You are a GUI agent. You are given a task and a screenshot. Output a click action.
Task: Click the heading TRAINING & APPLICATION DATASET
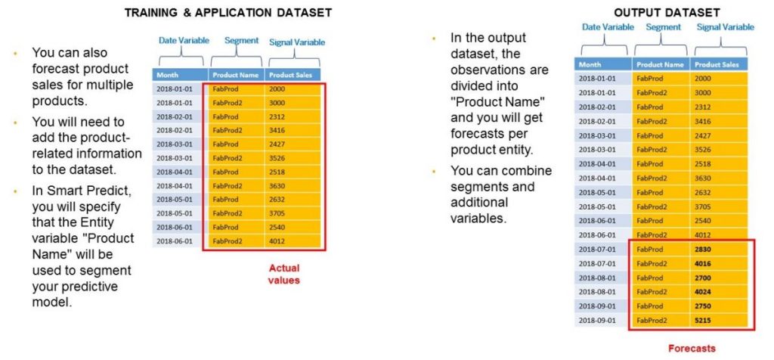coord(228,12)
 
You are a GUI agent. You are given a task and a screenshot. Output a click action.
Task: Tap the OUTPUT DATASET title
coord(667,12)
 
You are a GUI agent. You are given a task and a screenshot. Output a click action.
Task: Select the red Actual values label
coord(284,274)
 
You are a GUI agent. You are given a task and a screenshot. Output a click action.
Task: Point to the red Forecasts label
coord(692,348)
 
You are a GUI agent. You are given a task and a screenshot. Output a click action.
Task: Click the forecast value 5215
coord(703,320)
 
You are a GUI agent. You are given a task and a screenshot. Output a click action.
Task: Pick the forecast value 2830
coord(703,250)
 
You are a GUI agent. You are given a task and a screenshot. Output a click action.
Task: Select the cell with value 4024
coord(703,292)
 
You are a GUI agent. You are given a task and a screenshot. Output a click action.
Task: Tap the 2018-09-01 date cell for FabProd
coord(597,306)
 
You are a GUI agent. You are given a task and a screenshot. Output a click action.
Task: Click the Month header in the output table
coord(590,64)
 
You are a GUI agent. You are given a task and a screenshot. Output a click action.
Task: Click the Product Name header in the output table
coord(660,64)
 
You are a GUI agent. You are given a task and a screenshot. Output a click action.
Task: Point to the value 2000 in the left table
coord(278,89)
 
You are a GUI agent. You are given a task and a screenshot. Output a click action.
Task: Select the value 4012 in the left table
coord(278,241)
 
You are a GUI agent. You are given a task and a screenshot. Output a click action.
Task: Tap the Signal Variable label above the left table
coord(297,42)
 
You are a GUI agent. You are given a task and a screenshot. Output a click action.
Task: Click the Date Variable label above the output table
coord(608,27)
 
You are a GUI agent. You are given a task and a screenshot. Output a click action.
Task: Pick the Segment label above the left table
coord(241,41)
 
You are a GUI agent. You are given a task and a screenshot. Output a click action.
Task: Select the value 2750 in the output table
coord(703,306)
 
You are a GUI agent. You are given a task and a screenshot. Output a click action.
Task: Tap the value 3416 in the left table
coord(278,130)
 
